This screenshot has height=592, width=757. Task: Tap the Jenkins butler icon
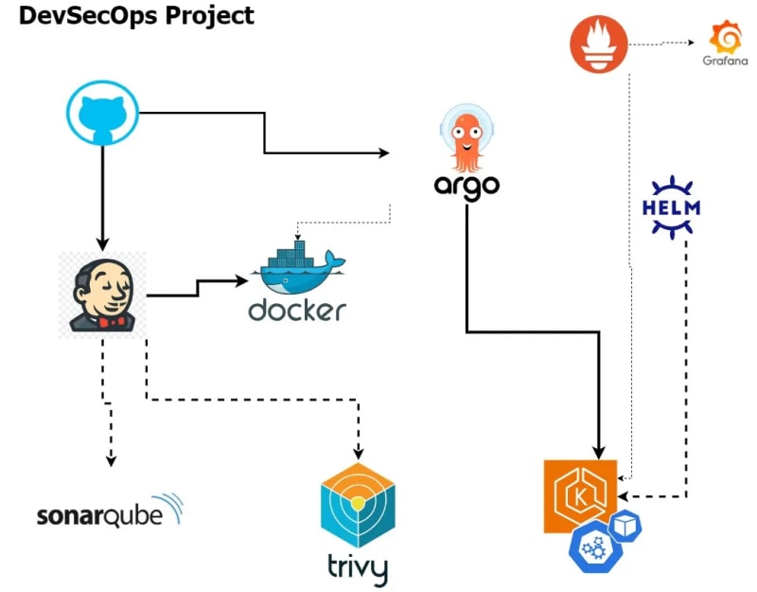point(102,294)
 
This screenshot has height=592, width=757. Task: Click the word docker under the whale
point(297,311)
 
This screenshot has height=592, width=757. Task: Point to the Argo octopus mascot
point(467,138)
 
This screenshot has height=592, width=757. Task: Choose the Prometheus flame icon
point(599,45)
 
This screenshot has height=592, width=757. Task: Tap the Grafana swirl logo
point(727,37)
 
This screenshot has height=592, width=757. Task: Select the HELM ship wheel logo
point(671,206)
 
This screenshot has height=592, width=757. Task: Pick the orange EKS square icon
point(580,496)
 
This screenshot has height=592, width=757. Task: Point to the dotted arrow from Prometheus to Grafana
point(667,43)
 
